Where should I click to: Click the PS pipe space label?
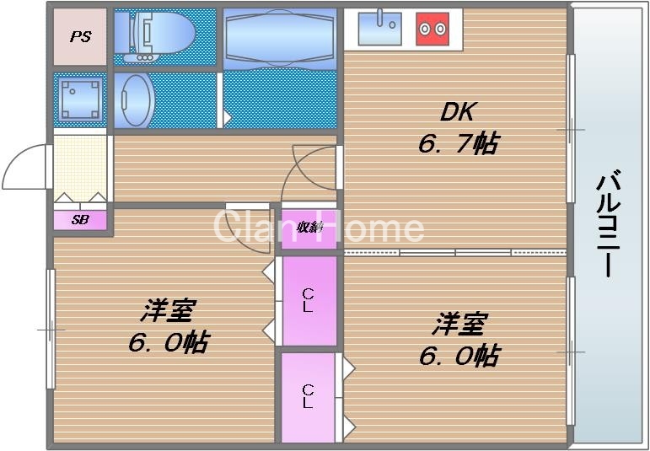(x=81, y=37)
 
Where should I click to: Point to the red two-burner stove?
(x=432, y=29)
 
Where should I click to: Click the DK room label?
(x=458, y=112)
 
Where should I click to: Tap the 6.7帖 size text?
(x=458, y=143)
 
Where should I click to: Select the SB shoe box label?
(x=81, y=220)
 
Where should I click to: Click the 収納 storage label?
(x=309, y=227)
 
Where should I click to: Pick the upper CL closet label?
(x=309, y=299)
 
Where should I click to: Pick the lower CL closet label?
(x=309, y=396)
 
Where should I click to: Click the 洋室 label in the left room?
(x=167, y=310)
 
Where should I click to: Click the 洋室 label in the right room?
(x=459, y=323)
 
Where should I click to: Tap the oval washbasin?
(x=135, y=99)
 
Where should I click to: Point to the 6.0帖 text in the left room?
(x=169, y=342)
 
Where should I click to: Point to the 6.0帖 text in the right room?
(x=459, y=355)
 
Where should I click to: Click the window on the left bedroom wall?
(x=51, y=329)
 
